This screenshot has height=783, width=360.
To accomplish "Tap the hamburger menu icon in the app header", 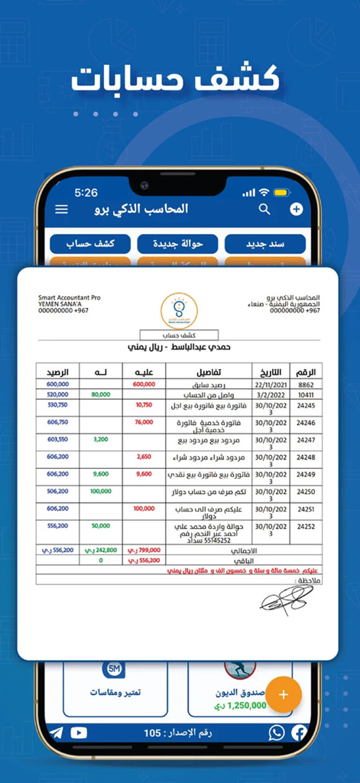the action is [62, 210].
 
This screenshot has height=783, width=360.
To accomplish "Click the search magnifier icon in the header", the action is [264, 209].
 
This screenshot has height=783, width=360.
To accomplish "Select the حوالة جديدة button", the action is [177, 244].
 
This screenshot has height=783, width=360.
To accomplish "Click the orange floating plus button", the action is [284, 694].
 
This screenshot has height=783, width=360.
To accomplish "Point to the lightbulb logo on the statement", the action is [179, 310].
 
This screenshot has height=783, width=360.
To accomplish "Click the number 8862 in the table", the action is [305, 385].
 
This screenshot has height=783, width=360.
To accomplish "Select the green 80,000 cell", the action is [100, 395].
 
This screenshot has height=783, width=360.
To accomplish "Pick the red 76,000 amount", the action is [143, 422].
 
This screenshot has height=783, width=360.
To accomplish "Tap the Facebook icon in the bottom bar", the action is [299, 733].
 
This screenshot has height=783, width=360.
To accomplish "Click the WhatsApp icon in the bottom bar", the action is [276, 733].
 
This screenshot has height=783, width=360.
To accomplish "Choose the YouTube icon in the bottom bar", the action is [79, 733].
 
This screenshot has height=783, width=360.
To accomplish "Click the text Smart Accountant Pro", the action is [69, 298].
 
